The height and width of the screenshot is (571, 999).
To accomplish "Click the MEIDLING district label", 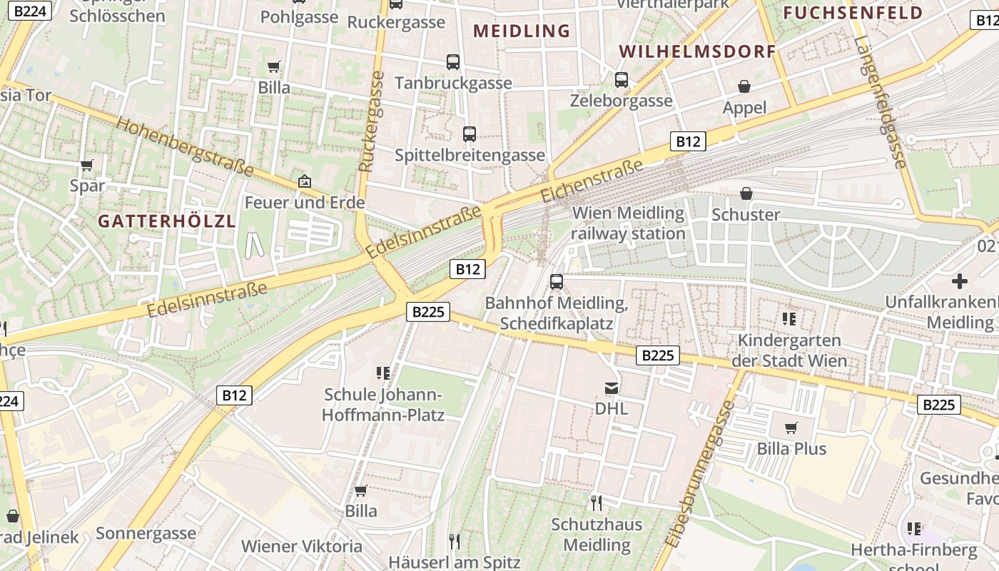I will point(522,31).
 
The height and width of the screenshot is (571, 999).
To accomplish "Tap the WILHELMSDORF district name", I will point(697,51).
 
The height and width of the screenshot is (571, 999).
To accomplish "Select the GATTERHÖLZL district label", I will point(166,221).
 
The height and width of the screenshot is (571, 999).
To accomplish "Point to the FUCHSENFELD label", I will point(853,13).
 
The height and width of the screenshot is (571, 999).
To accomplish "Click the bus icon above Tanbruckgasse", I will point(453,62).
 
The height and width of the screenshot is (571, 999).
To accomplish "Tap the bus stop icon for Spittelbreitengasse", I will point(470,134).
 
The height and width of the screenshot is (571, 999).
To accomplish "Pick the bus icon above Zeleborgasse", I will point(622,80).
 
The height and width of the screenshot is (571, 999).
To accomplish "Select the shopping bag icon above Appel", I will point(744,87).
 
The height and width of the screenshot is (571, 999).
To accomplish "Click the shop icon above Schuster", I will point(746,193).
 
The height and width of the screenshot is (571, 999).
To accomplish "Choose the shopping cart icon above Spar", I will point(87,166).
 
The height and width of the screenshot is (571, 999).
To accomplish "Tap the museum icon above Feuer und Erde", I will point(305,181).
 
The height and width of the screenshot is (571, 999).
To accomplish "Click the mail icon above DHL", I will point(612,388).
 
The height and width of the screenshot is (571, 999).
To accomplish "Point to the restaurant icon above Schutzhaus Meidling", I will point(597,503).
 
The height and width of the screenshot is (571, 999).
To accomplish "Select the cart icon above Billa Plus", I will point(791,428).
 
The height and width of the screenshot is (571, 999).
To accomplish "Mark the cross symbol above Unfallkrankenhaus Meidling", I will point(960,281).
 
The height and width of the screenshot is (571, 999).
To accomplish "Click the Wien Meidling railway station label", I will point(628,223).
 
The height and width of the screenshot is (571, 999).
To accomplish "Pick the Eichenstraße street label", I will point(592,181).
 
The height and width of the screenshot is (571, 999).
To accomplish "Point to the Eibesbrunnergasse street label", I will point(699,474).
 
